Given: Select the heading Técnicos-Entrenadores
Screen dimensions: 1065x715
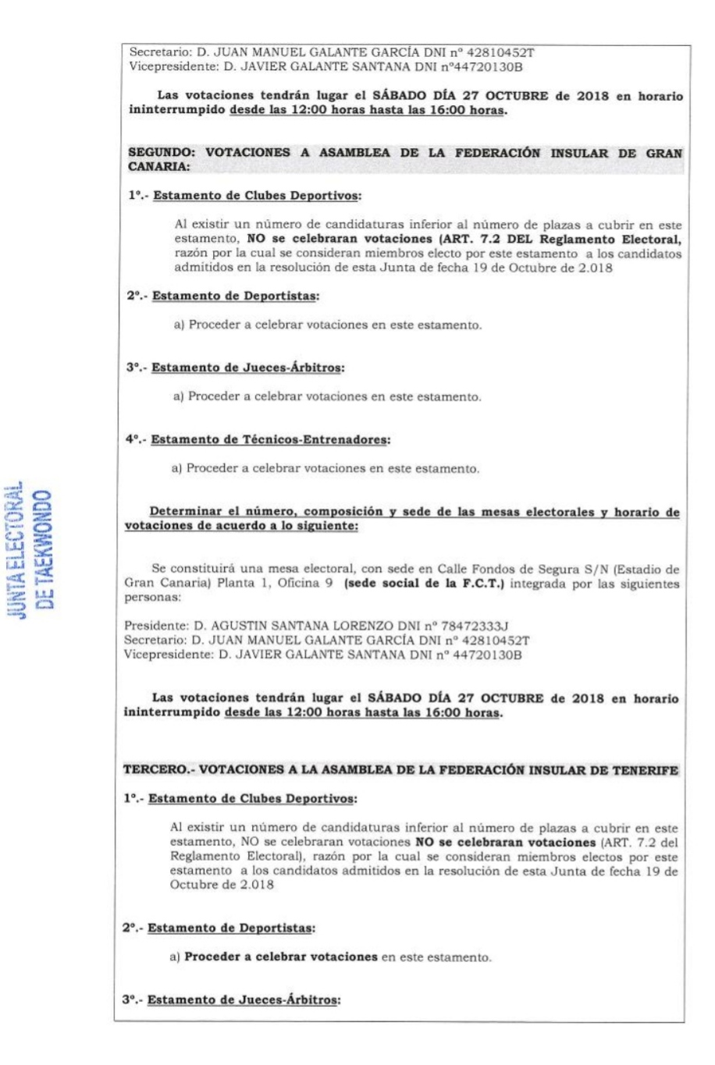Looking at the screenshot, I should pyautogui.click(x=314, y=440).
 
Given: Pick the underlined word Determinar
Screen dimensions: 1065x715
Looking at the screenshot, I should pyautogui.click(x=186, y=513).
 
